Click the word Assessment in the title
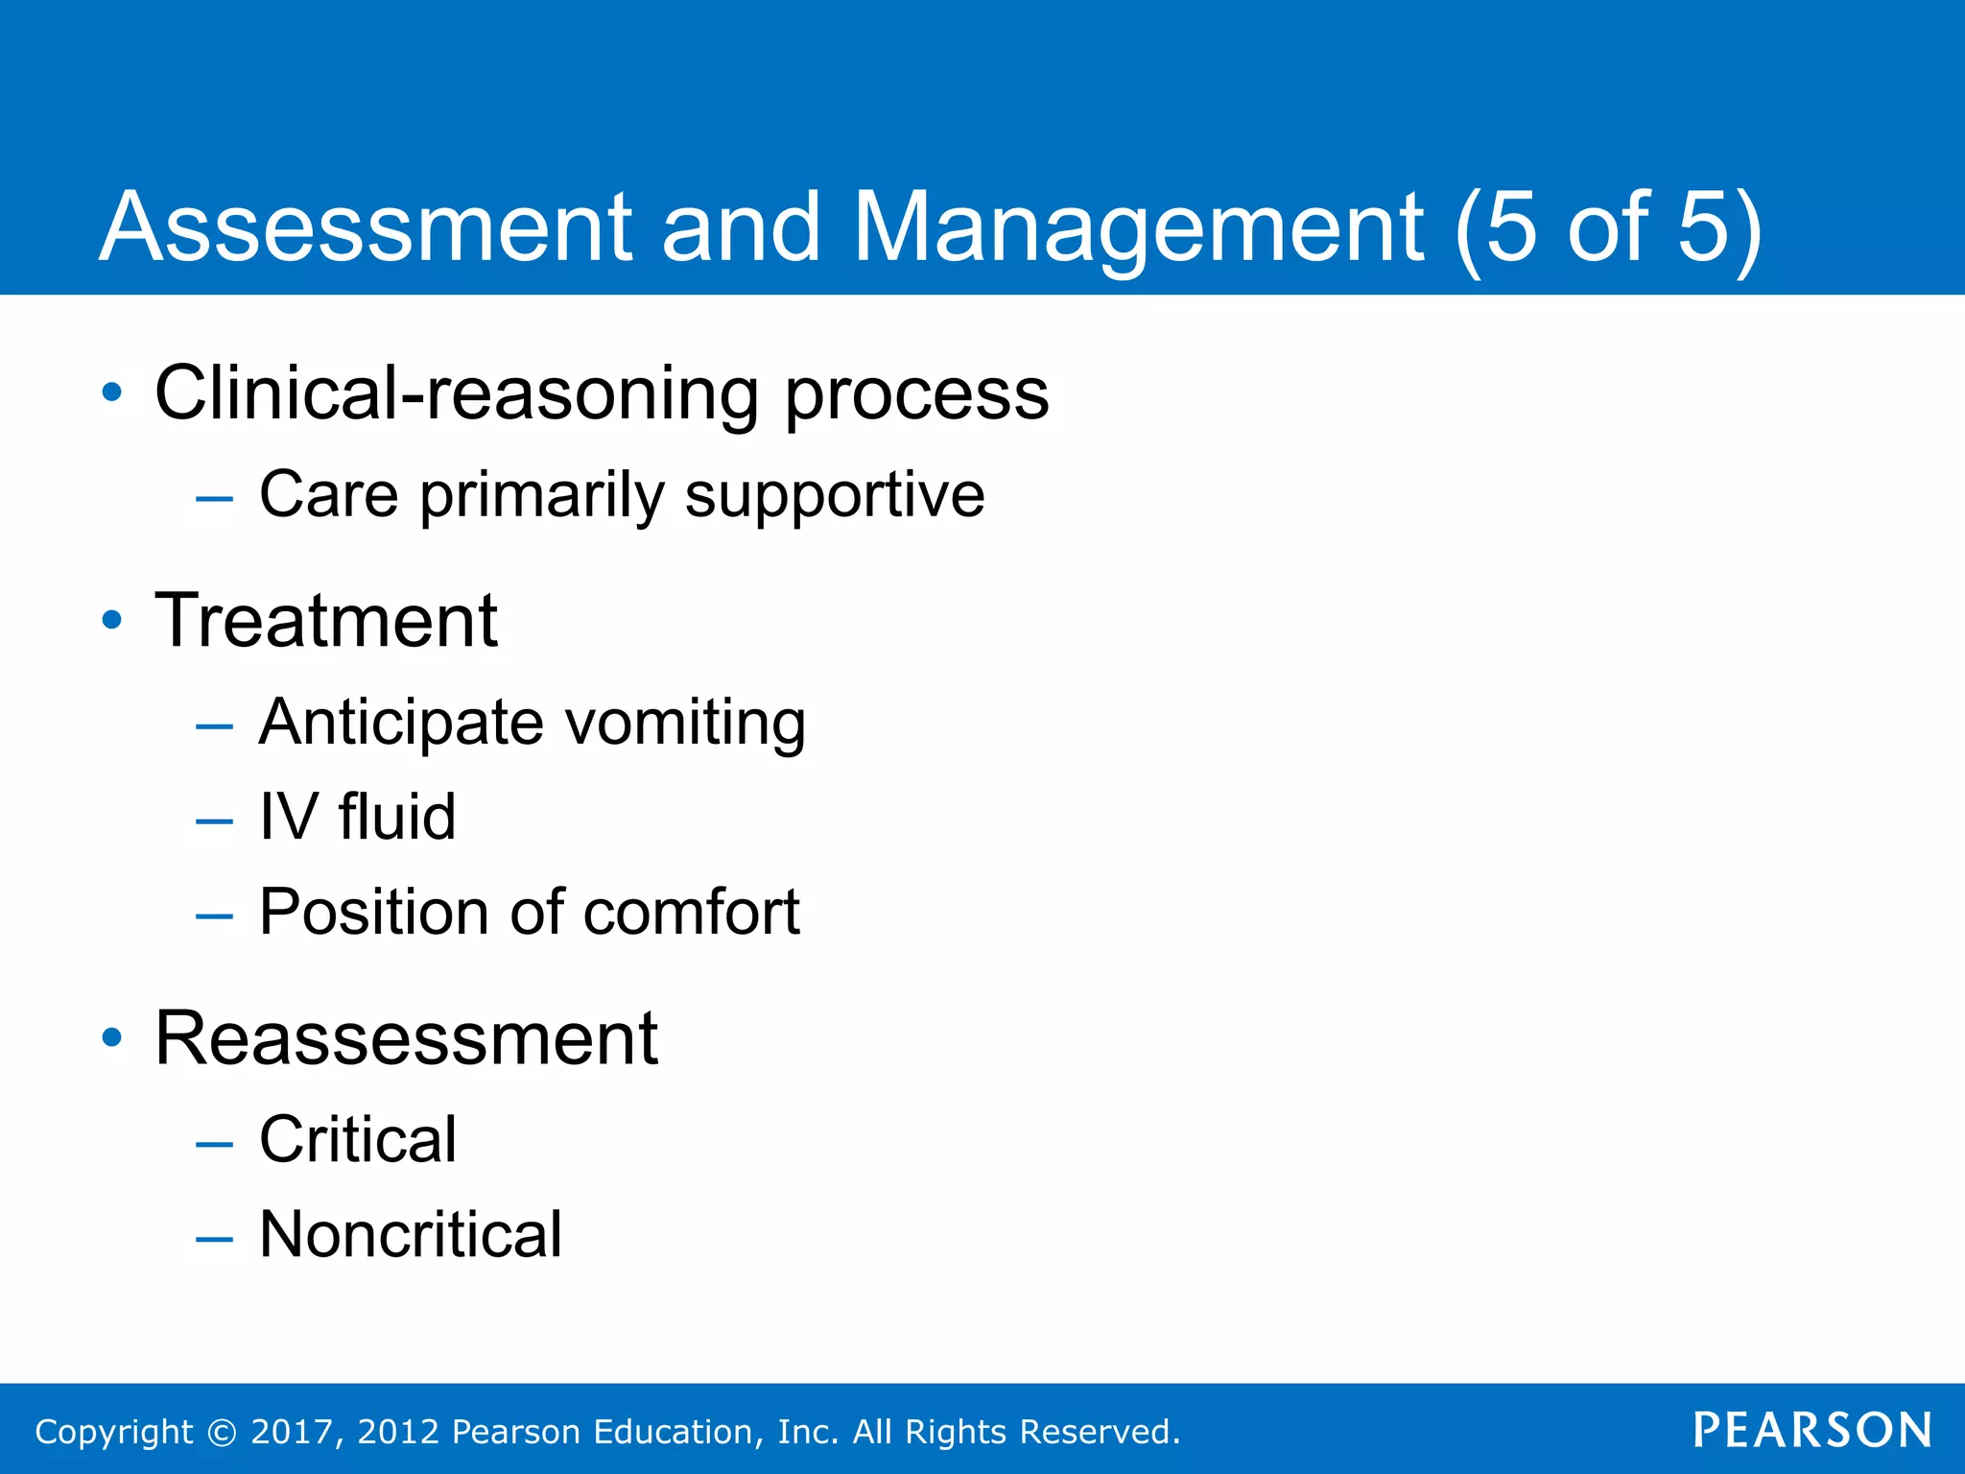point(365,227)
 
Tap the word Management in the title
point(1138,227)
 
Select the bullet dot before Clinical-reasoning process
point(112,392)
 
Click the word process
point(917,395)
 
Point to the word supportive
point(834,496)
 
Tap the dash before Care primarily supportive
point(213,498)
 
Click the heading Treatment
point(326,621)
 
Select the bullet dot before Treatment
point(112,620)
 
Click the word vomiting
point(685,723)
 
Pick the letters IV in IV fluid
point(288,818)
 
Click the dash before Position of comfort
point(213,916)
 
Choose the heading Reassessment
point(406,1038)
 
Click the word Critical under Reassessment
point(357,1140)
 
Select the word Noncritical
point(411,1235)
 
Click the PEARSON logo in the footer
point(1812,1431)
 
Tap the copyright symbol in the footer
point(222,1433)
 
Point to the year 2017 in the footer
point(291,1432)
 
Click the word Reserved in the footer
point(1099,1432)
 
